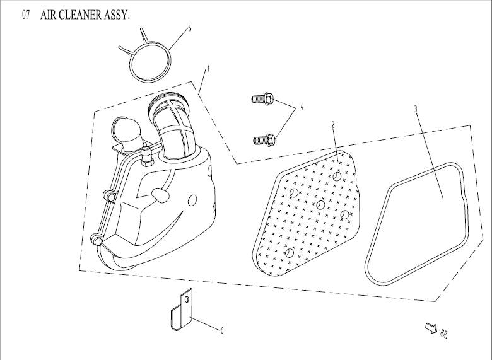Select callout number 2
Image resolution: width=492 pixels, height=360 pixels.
pyautogui.click(x=333, y=125)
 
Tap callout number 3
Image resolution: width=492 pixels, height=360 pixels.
pyautogui.click(x=415, y=108)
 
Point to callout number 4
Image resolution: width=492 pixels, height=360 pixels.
pyautogui.click(x=302, y=107)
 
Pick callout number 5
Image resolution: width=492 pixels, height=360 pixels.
pyautogui.click(x=190, y=28)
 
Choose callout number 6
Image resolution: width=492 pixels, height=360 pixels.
pyautogui.click(x=222, y=330)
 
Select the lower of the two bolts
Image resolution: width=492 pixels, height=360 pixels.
pyautogui.click(x=266, y=137)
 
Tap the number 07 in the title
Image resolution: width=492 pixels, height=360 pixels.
pyautogui.click(x=26, y=15)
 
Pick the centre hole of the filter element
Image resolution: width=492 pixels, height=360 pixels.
pyautogui.click(x=320, y=205)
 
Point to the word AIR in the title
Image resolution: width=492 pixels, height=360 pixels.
pyautogui.click(x=50, y=15)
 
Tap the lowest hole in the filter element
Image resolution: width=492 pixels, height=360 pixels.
pyautogui.click(x=290, y=253)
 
